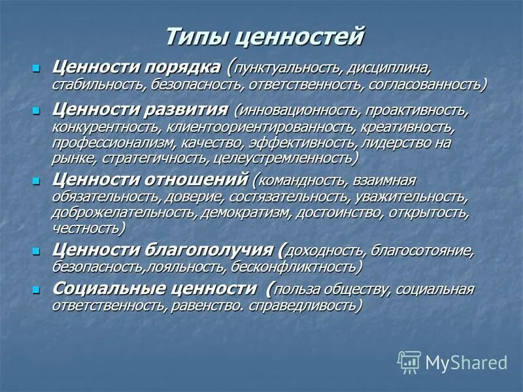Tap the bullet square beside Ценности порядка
tap(37, 67)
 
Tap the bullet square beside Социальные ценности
tap(37, 288)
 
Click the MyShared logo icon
tap(409, 361)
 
